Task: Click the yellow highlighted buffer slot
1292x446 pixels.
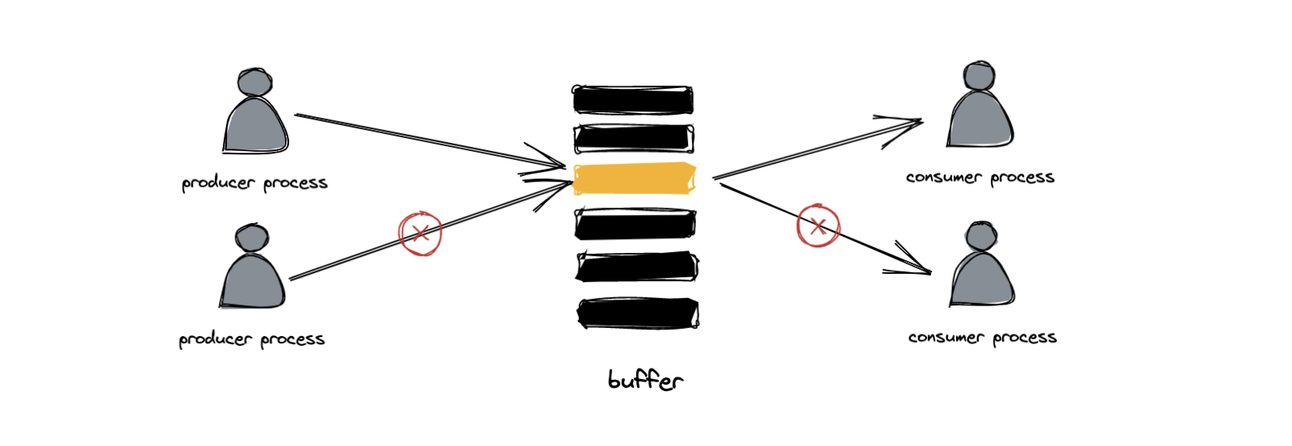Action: point(635,179)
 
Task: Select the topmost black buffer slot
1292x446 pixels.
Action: point(633,100)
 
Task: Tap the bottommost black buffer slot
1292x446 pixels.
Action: point(638,313)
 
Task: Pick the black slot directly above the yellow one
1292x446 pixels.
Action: point(634,139)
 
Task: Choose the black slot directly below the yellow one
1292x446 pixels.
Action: point(636,223)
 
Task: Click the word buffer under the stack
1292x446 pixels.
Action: point(646,381)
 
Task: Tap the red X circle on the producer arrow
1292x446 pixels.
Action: point(420,234)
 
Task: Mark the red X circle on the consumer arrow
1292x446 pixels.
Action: point(818,225)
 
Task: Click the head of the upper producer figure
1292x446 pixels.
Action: point(254,82)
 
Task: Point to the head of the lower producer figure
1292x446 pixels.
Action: point(251,237)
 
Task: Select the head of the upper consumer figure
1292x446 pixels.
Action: point(979,76)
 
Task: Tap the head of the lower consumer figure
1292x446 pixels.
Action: point(981,235)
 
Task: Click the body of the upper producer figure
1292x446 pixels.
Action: point(255,125)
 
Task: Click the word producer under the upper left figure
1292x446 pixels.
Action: point(219,183)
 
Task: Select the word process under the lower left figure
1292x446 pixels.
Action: point(292,339)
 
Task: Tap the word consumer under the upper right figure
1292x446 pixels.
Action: point(944,177)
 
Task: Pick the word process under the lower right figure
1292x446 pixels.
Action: point(1025,338)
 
